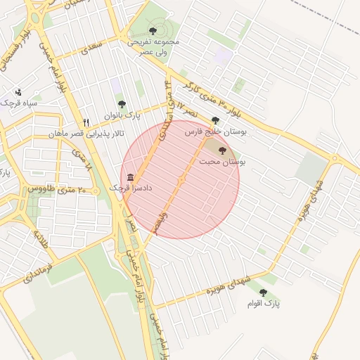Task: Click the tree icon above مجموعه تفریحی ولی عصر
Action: (153, 31)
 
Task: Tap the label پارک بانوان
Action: (123, 115)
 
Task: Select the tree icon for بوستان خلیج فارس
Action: (214, 120)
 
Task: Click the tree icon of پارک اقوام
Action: (263, 292)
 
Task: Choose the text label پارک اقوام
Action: (263, 304)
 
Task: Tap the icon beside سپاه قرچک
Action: (18, 92)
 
